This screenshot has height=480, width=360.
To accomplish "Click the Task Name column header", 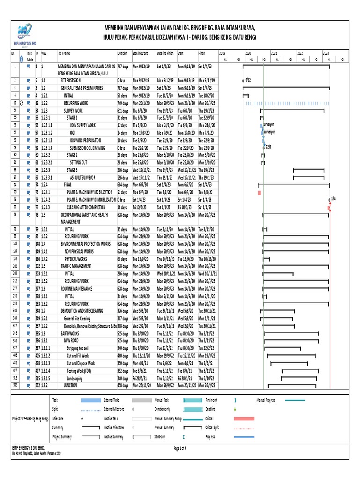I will pos(64,53).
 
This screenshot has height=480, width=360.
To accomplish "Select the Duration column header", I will pos(122,53).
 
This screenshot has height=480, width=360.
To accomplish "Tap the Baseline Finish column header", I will pos(165,53).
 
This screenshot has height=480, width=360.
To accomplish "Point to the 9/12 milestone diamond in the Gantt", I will pos(243,81).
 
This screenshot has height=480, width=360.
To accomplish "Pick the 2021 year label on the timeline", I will pos(274,53).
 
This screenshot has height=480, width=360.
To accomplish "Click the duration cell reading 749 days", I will pos(123,103).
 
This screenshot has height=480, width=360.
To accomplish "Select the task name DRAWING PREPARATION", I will pos(86,140).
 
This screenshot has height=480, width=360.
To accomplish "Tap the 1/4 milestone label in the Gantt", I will pos(333,199).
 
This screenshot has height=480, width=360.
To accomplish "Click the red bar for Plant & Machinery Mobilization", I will pos(259,193).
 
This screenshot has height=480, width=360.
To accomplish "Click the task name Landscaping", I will pos(75,378).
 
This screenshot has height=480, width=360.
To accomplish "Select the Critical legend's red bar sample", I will pos(243,418).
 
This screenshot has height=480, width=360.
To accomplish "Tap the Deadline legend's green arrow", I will pos(235,409).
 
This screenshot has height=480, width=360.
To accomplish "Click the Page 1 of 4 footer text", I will pos(180,449).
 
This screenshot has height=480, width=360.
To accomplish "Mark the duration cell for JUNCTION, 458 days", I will pos(123,385).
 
